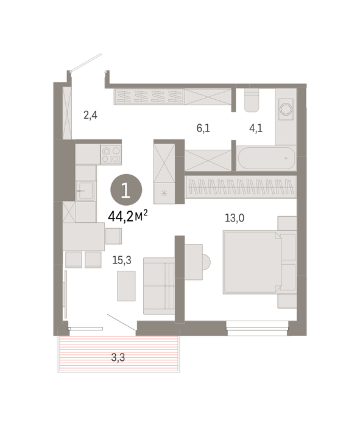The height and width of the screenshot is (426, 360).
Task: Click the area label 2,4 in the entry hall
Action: coord(90,116)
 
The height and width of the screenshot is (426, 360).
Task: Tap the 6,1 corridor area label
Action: coord(203,128)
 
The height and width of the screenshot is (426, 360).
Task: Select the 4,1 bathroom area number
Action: coord(256,128)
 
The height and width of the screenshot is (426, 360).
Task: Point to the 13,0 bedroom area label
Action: coord(235,218)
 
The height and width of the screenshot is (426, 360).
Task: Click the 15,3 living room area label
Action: coord(122,260)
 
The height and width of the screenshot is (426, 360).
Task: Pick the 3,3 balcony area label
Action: coord(118,358)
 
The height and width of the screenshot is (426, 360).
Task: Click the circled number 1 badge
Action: coord(126,190)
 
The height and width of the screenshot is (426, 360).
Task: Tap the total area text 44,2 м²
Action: coord(128,216)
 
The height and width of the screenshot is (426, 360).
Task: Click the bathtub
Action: coord(266,158)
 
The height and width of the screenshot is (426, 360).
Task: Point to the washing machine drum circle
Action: coord(286,110)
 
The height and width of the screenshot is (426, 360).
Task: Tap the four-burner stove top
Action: coord(111,155)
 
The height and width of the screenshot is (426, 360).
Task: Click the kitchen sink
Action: coord(86,190)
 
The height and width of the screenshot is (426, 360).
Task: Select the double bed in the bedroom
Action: coord(259,262)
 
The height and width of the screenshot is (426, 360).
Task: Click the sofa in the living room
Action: coord(159,286)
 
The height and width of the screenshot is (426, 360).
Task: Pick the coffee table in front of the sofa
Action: coord(127,286)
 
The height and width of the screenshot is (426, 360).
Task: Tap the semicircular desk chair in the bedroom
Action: coord(206,262)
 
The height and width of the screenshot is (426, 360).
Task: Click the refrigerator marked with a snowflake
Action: coord(164,193)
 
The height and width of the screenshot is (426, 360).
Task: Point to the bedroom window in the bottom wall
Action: coord(257,328)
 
